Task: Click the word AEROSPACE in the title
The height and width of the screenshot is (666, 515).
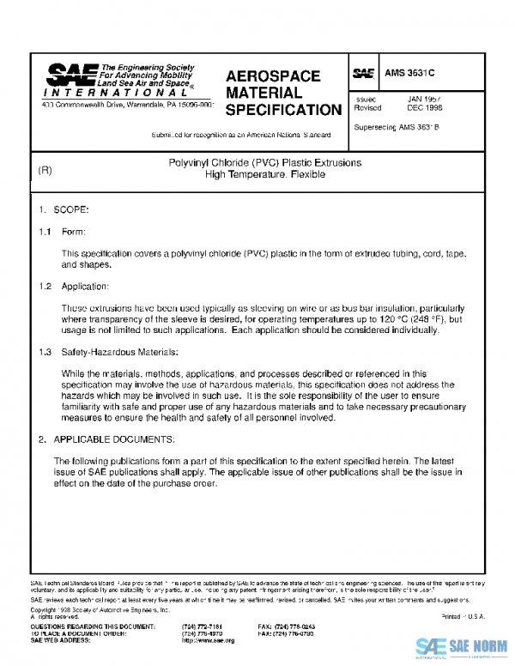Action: pyautogui.click(x=273, y=76)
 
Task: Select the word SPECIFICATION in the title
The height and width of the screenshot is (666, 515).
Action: pyautogui.click(x=283, y=110)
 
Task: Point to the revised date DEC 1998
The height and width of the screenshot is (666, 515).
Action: pyautogui.click(x=424, y=108)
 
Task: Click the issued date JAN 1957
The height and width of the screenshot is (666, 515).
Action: pyautogui.click(x=424, y=99)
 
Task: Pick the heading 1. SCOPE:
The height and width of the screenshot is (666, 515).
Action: pyautogui.click(x=64, y=209)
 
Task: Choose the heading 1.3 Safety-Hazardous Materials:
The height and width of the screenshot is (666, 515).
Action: pyautogui.click(x=107, y=352)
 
